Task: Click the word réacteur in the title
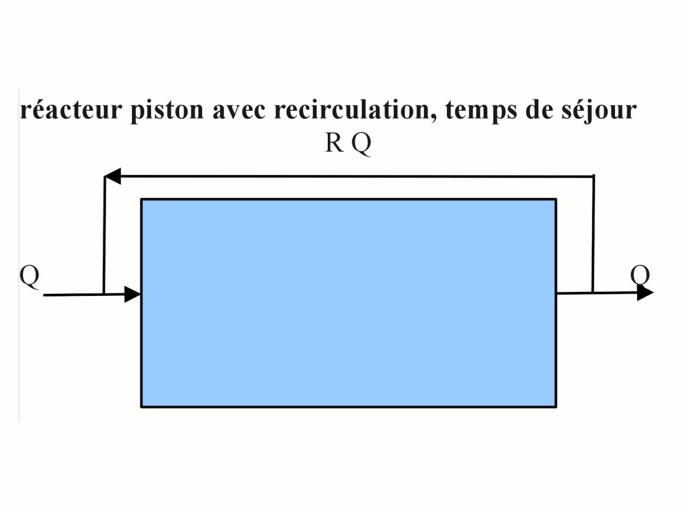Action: click(71, 110)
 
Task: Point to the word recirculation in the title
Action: click(355, 110)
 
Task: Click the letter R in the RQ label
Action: click(334, 143)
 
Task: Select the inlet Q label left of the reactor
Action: click(29, 276)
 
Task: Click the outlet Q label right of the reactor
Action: click(640, 276)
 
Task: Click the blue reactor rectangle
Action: click(348, 303)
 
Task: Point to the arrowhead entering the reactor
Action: click(132, 294)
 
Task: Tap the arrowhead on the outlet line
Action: click(645, 293)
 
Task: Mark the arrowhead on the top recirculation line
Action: click(112, 176)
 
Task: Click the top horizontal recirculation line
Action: click(351, 176)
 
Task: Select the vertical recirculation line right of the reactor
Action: click(593, 234)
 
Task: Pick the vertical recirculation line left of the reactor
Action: click(104, 234)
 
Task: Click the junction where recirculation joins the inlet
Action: click(104, 294)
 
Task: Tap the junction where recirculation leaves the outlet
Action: click(593, 292)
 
